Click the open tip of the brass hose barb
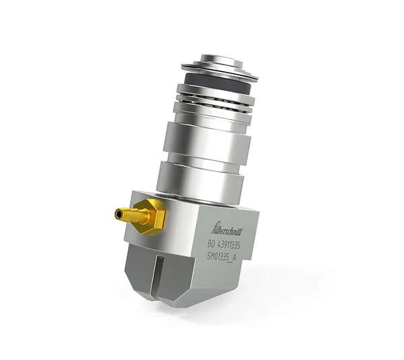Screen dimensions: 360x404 point(118,214)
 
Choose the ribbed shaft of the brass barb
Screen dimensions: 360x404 point(130,215)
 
